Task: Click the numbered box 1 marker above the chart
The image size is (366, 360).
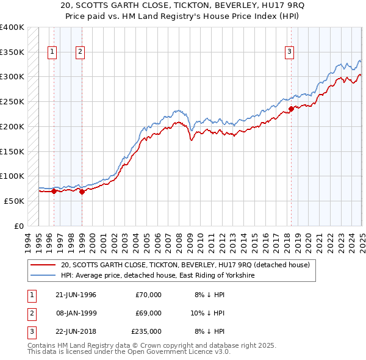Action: pyautogui.click(x=52, y=52)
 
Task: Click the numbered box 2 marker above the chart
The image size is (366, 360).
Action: pyautogui.click(x=81, y=52)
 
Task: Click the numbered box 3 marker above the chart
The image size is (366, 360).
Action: pyautogui.click(x=290, y=52)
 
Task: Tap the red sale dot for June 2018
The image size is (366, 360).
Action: pyautogui.click(x=291, y=109)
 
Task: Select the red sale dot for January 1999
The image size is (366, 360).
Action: pyautogui.click(x=82, y=192)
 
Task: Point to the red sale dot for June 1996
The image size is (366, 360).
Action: pyautogui.click(x=54, y=191)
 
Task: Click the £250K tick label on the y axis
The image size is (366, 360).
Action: pyautogui.click(x=12, y=101)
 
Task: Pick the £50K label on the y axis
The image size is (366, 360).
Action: pyautogui.click(x=14, y=201)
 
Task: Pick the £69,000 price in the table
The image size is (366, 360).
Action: pyautogui.click(x=148, y=313)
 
